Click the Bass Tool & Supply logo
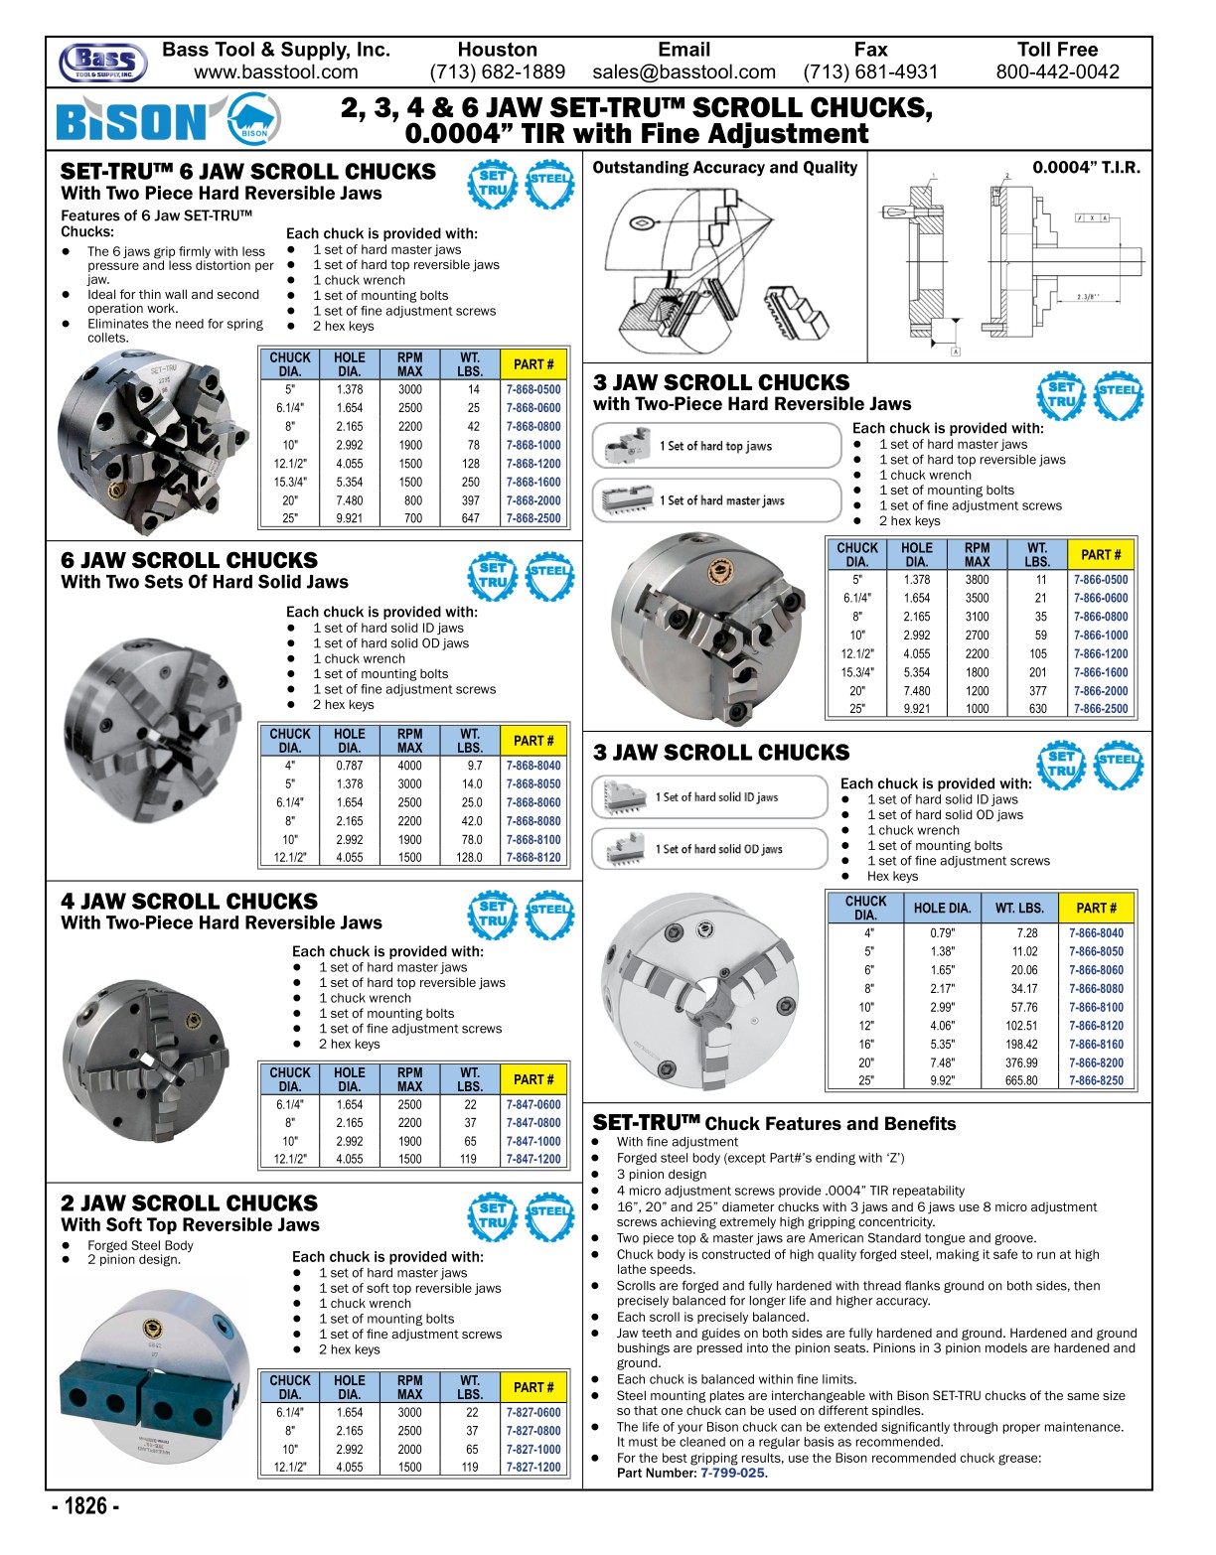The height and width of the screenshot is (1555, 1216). (x=103, y=63)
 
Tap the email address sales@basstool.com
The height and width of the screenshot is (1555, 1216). (x=684, y=72)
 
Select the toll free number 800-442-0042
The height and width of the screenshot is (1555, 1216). (x=1057, y=72)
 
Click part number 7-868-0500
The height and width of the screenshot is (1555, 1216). (x=533, y=390)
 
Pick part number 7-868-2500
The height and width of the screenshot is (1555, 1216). (x=533, y=518)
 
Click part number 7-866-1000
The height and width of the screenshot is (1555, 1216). (x=1101, y=636)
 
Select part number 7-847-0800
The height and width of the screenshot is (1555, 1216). (x=533, y=1123)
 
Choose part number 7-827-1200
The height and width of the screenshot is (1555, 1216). (x=533, y=1468)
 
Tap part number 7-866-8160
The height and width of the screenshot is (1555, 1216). (x=1097, y=1045)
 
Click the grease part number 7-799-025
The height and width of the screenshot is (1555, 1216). (x=733, y=1474)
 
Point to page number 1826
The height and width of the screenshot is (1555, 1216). (x=86, y=1506)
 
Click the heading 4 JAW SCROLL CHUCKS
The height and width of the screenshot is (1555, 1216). (x=189, y=902)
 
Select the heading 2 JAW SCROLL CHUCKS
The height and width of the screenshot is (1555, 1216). (x=189, y=1203)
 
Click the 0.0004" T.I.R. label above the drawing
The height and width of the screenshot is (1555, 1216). (x=1086, y=168)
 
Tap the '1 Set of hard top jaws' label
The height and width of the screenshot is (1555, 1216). (x=715, y=447)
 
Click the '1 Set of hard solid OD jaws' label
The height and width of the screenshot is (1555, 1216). (x=718, y=850)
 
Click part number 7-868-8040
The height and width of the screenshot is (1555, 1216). (x=533, y=766)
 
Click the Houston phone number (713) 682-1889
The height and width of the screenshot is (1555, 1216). (x=497, y=72)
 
